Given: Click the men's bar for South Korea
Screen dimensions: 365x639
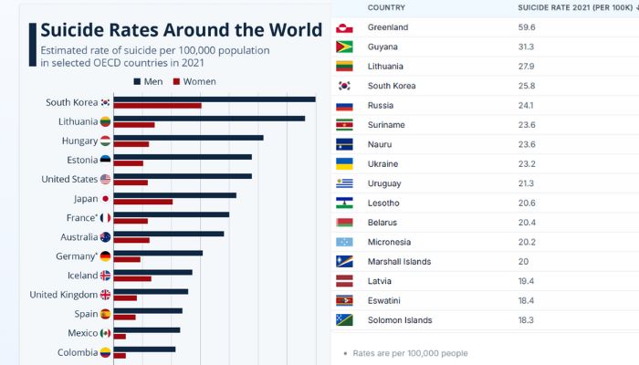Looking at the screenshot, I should [x=215, y=99].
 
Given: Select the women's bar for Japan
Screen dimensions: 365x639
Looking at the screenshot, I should [x=143, y=202].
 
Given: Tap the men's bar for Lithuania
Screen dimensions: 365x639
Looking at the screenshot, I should [x=209, y=118].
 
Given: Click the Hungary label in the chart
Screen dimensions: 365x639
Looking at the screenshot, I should [x=79, y=141].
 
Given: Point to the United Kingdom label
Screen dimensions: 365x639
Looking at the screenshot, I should [x=63, y=295].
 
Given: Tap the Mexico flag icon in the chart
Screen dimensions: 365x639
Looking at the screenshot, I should [x=105, y=333].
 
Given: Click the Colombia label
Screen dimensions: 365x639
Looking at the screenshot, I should [x=78, y=352].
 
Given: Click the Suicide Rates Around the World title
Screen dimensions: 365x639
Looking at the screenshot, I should [x=181, y=30].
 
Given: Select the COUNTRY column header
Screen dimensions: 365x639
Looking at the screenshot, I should [x=387, y=7].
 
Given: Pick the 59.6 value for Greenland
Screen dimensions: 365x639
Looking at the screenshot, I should [x=528, y=27].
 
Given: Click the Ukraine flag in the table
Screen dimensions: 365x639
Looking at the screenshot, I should [x=345, y=164].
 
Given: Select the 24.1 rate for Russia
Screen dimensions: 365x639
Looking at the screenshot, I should [x=527, y=106].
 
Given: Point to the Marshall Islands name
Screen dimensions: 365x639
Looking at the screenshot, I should [x=400, y=262].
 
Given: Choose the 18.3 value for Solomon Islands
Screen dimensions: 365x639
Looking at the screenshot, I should [x=527, y=320].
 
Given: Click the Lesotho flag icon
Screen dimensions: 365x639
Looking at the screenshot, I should [x=345, y=203].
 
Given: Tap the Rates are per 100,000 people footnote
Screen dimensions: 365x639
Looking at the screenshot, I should [x=411, y=352].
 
